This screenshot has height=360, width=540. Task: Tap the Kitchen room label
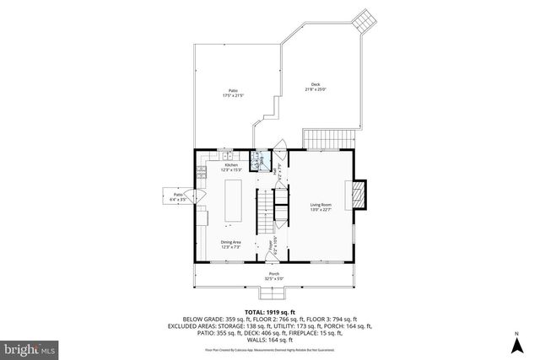coord(231,167)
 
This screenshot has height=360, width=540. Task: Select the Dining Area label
coord(231,244)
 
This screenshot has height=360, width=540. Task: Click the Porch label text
coord(275,276)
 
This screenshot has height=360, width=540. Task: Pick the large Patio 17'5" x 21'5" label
coord(232,93)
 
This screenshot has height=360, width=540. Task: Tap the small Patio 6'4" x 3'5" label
coord(179,197)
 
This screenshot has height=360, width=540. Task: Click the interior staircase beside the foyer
coord(265,206)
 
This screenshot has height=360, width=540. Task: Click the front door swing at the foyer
coord(274,250)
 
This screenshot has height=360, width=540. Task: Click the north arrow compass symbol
coord(516,343)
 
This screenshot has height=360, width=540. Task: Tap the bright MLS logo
coord(30,346)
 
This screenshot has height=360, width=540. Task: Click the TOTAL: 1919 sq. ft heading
coord(270,312)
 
